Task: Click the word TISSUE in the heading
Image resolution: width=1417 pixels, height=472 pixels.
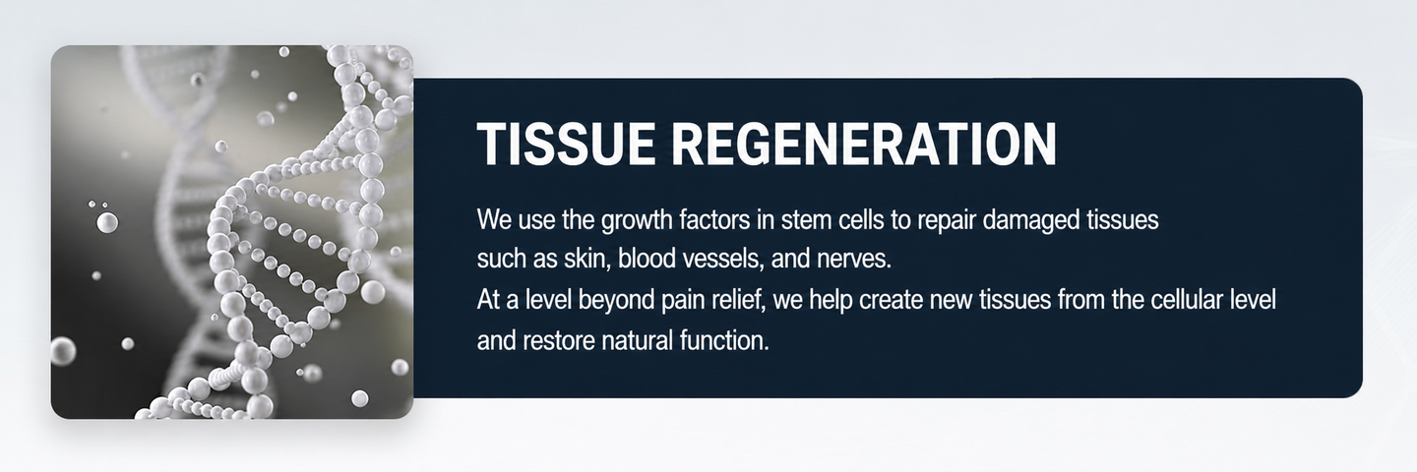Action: tap(566, 144)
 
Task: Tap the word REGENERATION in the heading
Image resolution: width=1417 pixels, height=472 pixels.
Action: tap(864, 144)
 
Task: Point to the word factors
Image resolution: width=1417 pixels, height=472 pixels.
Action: tap(715, 220)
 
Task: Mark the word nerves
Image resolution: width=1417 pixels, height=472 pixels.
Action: tap(853, 259)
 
